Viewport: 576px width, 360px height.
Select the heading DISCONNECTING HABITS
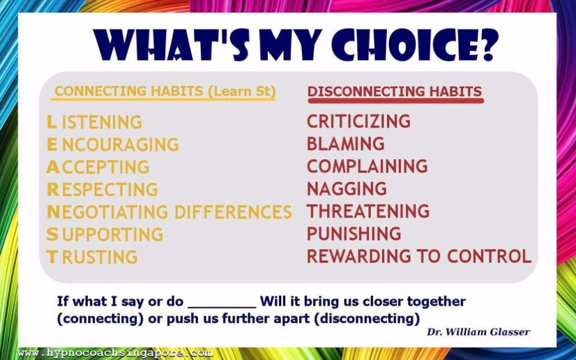click(395, 91)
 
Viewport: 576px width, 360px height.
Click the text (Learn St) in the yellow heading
click(242, 92)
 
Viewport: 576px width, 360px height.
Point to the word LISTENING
click(94, 122)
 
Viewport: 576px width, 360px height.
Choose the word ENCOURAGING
click(112, 145)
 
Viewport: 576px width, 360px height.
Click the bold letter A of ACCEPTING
click(52, 167)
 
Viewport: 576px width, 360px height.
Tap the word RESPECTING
click(102, 190)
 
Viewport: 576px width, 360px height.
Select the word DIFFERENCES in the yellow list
click(233, 212)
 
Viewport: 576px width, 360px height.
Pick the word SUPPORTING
click(105, 235)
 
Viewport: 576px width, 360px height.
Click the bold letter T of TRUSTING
click(52, 256)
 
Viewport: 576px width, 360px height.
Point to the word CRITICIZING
click(358, 121)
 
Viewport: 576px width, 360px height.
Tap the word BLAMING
click(346, 143)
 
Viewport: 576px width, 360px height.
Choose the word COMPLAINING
click(367, 166)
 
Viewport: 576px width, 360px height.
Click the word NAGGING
click(346, 188)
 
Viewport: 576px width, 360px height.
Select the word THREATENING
click(368, 211)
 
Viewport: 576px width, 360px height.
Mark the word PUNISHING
click(354, 233)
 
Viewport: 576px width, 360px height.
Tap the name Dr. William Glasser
click(478, 332)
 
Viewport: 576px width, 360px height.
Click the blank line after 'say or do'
click(222, 307)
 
